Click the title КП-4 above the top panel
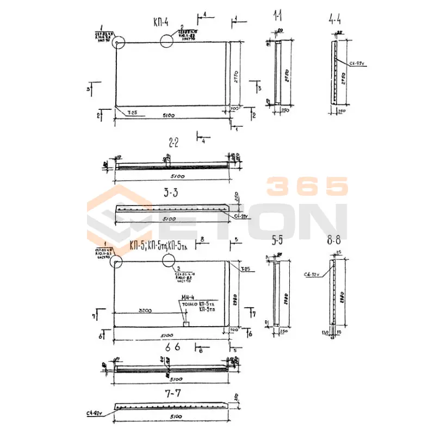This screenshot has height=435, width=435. coord(160,22)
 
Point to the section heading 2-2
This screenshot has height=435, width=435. coord(173,144)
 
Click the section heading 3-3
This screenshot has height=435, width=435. coord(171,192)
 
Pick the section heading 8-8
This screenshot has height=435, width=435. coord(333,239)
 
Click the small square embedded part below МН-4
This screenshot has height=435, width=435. coord(186,324)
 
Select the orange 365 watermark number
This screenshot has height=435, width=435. coord(307,187)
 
